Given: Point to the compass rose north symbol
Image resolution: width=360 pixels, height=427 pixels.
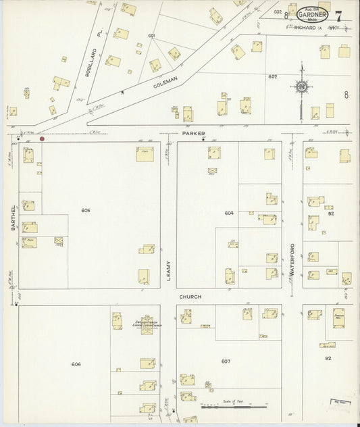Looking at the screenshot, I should tap(301, 86).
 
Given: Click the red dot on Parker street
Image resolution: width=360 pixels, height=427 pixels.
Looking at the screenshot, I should tap(42, 139).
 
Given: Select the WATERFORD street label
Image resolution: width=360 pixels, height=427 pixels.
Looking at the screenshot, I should tap(292, 259).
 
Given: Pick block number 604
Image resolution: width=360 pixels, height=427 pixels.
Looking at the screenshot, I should tap(229, 213).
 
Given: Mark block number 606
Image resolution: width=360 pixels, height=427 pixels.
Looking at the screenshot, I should tap(76, 364).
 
